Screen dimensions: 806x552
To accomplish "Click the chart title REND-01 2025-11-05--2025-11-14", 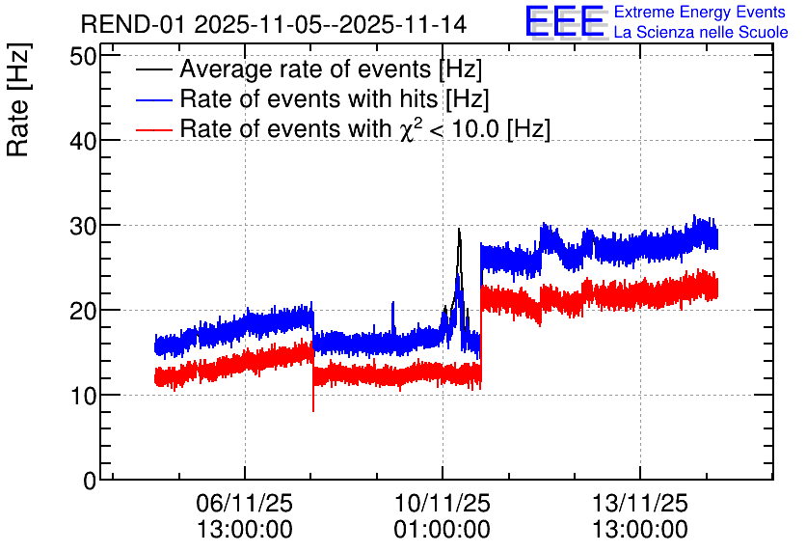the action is click(x=274, y=24).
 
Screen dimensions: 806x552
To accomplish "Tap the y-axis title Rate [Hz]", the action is click(x=18, y=99).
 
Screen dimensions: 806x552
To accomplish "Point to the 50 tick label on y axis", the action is click(x=83, y=56).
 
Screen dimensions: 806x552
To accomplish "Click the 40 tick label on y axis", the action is click(x=83, y=141).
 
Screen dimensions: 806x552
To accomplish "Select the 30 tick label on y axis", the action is click(x=83, y=225).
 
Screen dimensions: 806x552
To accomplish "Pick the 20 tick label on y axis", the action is click(x=83, y=310).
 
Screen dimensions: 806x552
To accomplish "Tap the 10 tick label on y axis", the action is click(x=83, y=395).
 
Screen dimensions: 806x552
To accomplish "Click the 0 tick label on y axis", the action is click(x=90, y=481).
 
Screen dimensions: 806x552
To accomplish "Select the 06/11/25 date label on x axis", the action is click(x=245, y=503).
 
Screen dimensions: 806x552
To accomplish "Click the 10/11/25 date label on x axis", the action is click(x=443, y=503).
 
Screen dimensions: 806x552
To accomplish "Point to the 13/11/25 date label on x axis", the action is click(x=640, y=503).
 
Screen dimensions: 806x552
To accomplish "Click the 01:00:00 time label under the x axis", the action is click(x=443, y=530).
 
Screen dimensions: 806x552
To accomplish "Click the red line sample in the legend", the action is click(x=153, y=129).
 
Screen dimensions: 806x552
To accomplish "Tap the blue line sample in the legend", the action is click(x=153, y=99).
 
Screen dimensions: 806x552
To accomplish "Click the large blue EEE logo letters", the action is click(x=565, y=21).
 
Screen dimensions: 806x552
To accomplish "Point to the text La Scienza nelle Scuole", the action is click(x=701, y=32).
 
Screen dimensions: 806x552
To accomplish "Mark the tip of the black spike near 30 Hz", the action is click(x=459, y=229).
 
